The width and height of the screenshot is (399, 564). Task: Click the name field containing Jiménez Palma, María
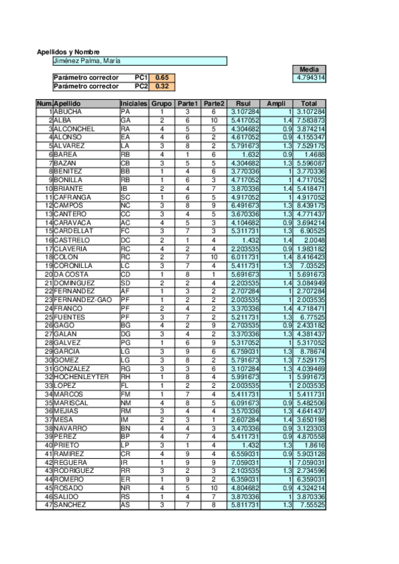pos(140,61)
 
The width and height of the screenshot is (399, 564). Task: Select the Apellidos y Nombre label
pos(68,52)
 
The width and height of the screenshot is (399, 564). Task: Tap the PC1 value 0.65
pos(162,78)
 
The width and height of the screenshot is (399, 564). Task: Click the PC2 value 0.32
pos(162,86)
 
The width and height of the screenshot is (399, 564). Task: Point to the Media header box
pos(309,69)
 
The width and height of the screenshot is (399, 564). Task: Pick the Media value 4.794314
pos(309,78)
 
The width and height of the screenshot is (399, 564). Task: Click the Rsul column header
pos(243,104)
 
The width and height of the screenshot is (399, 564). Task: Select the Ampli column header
pos(276,104)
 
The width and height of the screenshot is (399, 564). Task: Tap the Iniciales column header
pos(134,104)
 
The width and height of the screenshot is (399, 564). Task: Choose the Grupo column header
pos(161,104)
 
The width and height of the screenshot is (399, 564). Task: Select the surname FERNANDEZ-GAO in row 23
pos(83,299)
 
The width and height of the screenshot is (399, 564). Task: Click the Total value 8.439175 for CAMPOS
pos(310,206)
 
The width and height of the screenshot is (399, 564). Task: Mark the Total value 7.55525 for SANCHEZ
pos(310,505)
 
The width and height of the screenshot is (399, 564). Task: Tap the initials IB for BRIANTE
pos(125,189)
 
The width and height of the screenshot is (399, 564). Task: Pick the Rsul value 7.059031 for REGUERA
pos(244,462)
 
